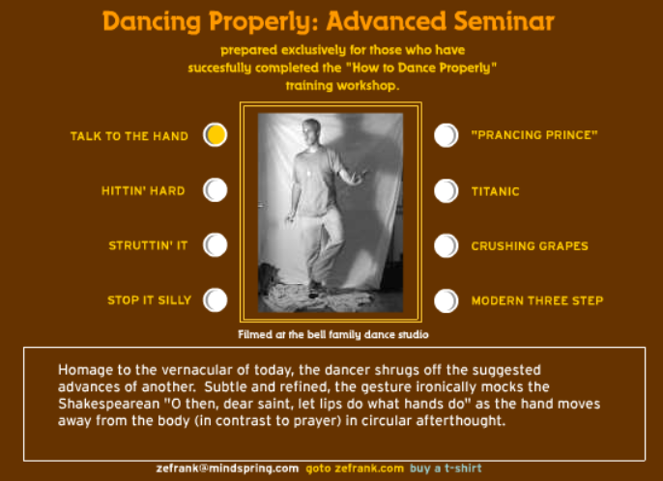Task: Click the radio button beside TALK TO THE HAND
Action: click(216, 135)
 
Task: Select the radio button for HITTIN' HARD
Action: click(216, 190)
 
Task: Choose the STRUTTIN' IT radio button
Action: click(216, 245)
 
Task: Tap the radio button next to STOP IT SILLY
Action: click(216, 300)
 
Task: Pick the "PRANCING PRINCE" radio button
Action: click(447, 135)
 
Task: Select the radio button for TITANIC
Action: click(447, 190)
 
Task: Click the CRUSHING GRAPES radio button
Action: click(447, 245)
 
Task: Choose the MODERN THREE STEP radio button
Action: click(447, 300)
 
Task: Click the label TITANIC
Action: click(495, 191)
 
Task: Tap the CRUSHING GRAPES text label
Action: click(530, 246)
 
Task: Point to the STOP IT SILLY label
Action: click(149, 300)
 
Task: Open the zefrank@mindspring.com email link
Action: click(227, 468)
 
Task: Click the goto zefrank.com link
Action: click(355, 468)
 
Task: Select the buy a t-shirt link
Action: click(446, 468)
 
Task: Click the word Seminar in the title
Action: click(504, 21)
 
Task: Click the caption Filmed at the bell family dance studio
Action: click(333, 335)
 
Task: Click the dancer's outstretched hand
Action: click(360, 176)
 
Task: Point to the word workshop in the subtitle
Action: click(368, 86)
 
